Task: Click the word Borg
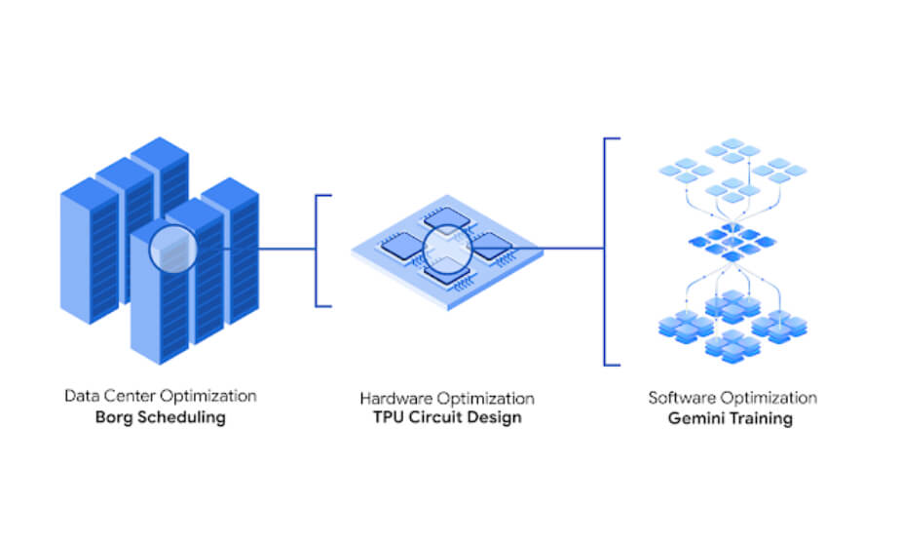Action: click(113, 418)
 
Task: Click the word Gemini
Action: click(695, 418)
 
